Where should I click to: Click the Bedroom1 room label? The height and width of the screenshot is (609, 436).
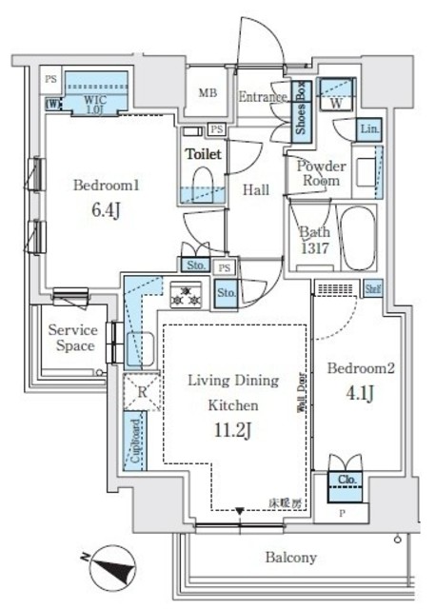point(107,187)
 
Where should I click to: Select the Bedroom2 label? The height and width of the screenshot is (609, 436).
point(361,367)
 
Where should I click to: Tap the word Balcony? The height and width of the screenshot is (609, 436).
point(290,558)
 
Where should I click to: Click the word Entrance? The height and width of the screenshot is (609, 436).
point(263,96)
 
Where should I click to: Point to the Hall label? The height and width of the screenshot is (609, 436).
point(255,190)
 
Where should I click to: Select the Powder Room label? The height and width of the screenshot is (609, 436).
point(321,173)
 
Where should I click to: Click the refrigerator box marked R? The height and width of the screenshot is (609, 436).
point(141,390)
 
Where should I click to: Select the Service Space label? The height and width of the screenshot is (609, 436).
point(73,338)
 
